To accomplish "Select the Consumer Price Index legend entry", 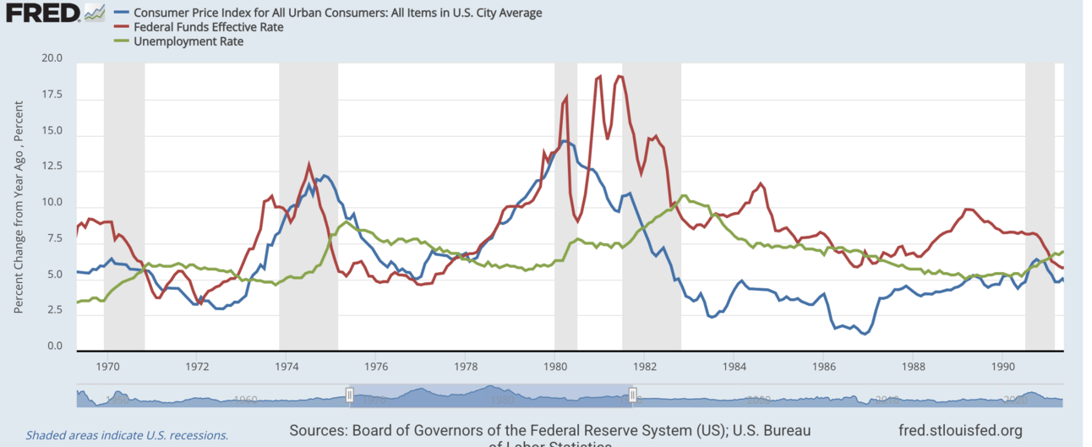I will (336, 13).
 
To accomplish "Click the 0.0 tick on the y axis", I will (54, 346).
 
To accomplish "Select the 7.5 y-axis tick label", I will (54, 239).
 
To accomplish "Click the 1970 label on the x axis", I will (107, 367).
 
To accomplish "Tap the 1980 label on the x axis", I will (555, 367).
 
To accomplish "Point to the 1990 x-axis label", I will (1003, 367).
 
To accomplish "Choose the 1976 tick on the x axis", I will (376, 367).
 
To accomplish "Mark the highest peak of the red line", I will (599, 76).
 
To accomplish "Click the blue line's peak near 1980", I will (563, 141).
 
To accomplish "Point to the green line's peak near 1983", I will (684, 195).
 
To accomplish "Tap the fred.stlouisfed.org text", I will (962, 430).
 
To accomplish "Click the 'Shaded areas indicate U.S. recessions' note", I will (127, 435).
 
